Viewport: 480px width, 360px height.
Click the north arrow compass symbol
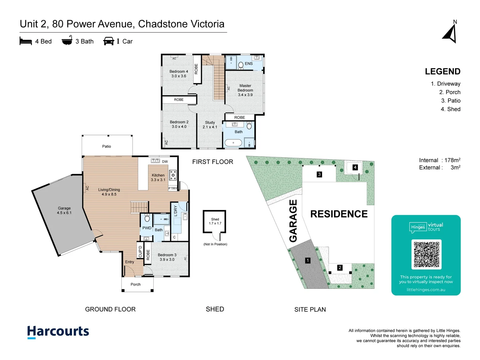[x=451, y=33]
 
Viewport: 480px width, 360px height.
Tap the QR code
[x=426, y=254]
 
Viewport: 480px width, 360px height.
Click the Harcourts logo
[x=58, y=332]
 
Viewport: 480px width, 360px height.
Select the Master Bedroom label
[x=245, y=90]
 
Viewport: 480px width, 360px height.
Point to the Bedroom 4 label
[x=179, y=74]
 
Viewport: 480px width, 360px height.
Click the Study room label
[x=210, y=125]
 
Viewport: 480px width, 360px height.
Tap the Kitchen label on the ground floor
[x=158, y=177]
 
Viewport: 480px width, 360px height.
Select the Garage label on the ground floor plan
[x=64, y=210]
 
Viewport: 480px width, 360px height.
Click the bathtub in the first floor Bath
[x=233, y=143]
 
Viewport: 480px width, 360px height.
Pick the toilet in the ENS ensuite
[x=241, y=65]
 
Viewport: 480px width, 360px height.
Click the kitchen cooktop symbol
[x=173, y=175]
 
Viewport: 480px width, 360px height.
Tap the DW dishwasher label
[x=165, y=162]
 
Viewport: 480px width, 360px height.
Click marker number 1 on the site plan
[x=308, y=260]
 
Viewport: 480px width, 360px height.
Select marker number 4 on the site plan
[x=355, y=167]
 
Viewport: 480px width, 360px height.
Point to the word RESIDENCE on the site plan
[x=339, y=214]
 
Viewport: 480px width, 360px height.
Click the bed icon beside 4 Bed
[x=26, y=41]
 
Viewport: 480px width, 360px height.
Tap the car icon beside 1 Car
[x=109, y=41]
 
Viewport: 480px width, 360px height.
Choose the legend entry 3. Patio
[x=451, y=101]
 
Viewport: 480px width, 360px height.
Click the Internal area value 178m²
[x=452, y=160]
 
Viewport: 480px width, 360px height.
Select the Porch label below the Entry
[x=135, y=284]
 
